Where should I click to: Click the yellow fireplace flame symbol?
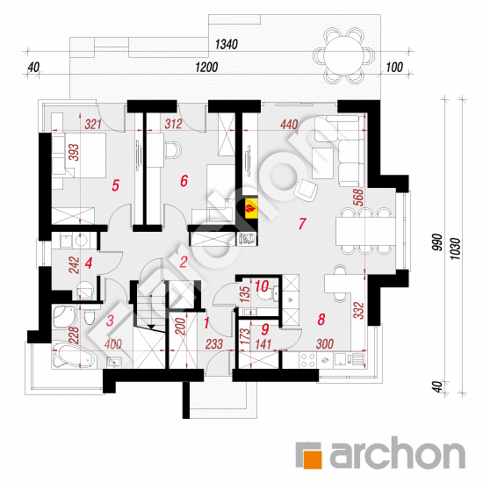(251, 208)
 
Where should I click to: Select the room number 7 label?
(302, 224)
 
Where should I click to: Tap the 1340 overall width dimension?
(227, 45)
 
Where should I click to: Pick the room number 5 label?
(115, 186)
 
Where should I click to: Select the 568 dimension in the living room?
(359, 198)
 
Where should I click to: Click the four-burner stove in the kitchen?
(308, 360)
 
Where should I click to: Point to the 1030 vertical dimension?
(455, 249)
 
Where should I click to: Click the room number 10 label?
(262, 286)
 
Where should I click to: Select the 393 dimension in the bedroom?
(74, 152)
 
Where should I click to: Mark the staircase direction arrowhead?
(151, 327)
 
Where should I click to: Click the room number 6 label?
(184, 181)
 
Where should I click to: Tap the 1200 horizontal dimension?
(206, 67)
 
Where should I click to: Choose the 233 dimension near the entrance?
(214, 344)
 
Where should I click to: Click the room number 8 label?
(321, 319)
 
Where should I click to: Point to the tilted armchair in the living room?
(306, 189)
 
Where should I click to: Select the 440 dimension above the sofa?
(289, 125)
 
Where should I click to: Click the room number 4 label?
(89, 263)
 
